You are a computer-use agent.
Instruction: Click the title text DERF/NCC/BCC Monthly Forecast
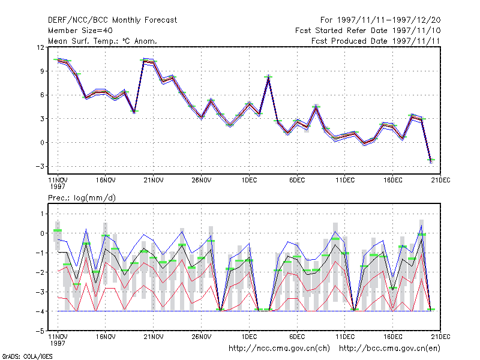coord(112,20)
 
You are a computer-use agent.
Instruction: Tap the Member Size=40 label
coord(80,31)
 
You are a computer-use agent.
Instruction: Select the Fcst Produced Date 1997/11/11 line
coord(376,41)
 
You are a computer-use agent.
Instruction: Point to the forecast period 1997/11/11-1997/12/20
coord(389,20)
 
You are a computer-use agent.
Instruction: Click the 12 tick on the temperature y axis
coord(40,47)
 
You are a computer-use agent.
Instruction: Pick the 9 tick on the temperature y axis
coord(42,71)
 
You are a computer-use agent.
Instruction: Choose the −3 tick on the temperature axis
coord(40,166)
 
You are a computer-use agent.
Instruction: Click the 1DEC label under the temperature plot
coord(249,181)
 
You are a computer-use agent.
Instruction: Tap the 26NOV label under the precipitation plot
coord(202,337)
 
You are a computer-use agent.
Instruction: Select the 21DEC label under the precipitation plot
coord(440,337)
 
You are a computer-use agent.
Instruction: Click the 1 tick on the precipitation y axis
coord(42,214)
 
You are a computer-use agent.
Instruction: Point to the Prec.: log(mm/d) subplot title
coord(82,198)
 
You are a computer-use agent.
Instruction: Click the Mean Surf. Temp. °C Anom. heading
coord(103,41)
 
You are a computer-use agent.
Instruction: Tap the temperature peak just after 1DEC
coord(268,76)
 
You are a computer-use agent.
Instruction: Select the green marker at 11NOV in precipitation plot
coord(58,230)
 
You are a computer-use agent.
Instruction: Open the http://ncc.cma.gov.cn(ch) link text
coord(279,349)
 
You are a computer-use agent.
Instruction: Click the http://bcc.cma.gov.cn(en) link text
coord(389,349)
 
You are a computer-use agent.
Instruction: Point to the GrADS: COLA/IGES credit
coord(27,356)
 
